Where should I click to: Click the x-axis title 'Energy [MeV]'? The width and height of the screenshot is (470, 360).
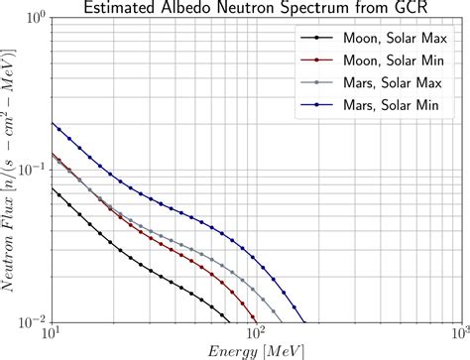tap(255, 350)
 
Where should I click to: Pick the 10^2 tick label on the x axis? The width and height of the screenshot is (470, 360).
tap(255, 334)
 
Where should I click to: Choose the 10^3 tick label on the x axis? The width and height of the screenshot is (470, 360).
tap(456, 334)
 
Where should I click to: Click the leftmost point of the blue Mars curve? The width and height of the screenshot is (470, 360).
tap(53, 123)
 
